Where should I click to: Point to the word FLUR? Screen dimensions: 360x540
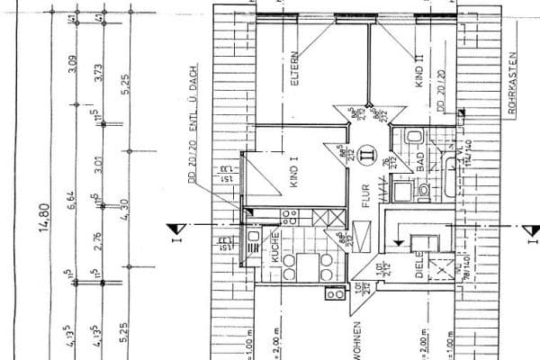coord(366,196)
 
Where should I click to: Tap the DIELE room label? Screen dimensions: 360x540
coord(419,267)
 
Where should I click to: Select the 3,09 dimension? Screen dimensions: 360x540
coord(72,64)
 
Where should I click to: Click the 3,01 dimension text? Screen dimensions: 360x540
coord(98,166)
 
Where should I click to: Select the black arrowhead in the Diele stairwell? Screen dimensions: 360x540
coord(396,242)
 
